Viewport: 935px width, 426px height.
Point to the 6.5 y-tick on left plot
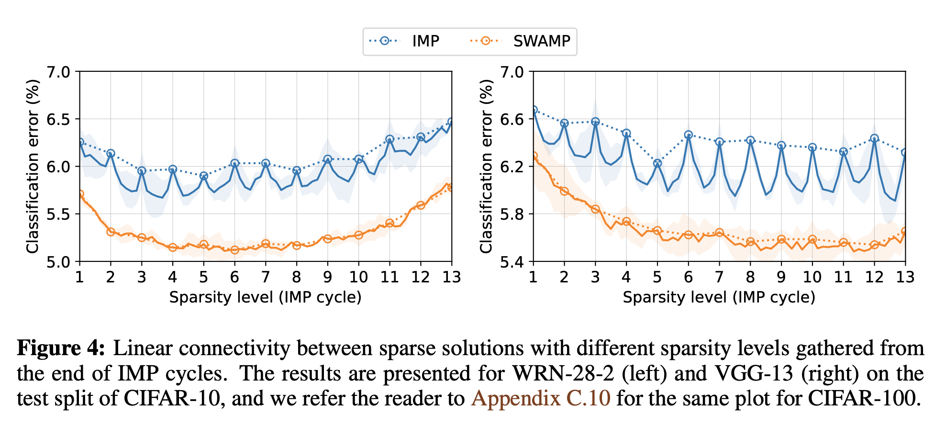coord(58,120)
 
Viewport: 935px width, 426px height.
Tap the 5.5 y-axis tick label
coord(58,214)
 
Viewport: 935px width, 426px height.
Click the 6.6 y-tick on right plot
coord(512,120)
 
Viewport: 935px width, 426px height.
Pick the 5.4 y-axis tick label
coord(512,262)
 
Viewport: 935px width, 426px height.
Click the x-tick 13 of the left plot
coord(451,277)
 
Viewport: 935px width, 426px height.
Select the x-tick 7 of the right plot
coord(719,277)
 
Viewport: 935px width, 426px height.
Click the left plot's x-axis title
coord(265,297)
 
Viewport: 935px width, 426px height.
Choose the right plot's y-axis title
coord(486,166)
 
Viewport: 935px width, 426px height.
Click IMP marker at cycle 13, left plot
coord(451,122)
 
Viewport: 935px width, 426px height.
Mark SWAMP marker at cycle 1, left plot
coord(80,194)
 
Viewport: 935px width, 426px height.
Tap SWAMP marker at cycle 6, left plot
coord(234,250)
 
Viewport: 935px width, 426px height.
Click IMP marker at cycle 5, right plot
coord(657,163)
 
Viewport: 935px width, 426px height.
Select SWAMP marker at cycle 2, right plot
coord(564,191)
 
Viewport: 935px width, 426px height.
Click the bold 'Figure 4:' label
coord(61,348)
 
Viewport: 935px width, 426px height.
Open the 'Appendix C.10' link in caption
coord(541,398)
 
